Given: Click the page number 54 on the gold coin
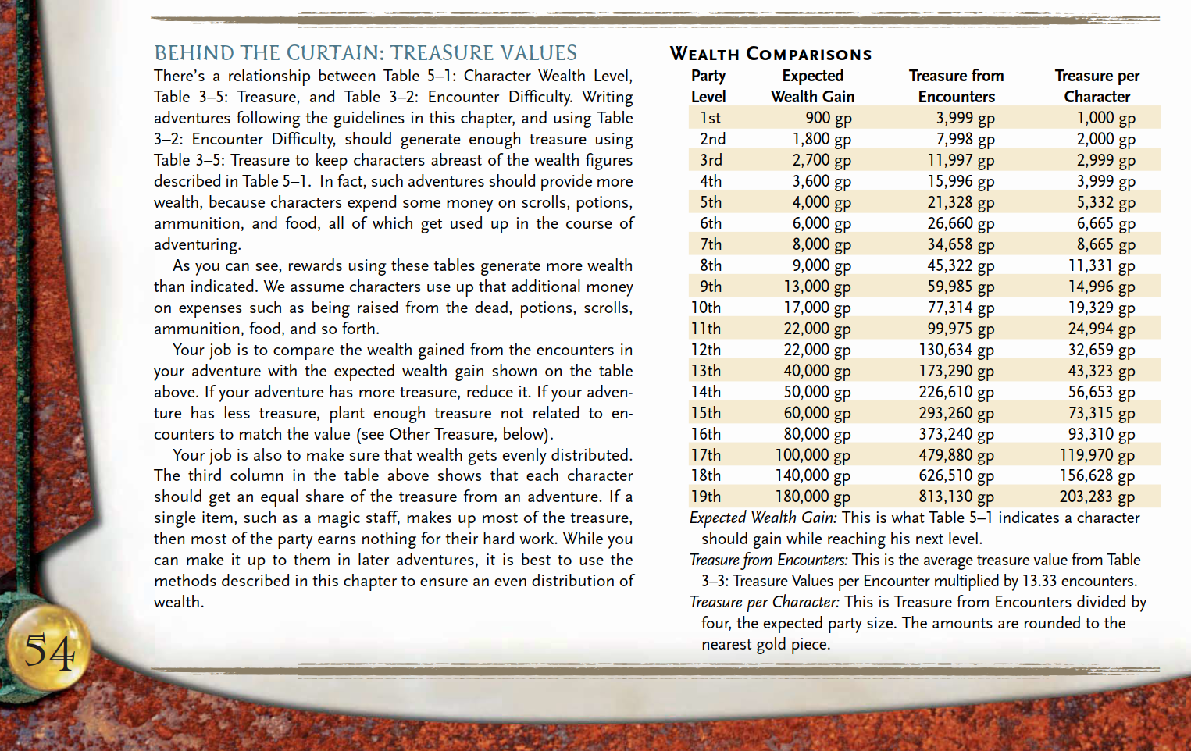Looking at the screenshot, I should [x=49, y=651].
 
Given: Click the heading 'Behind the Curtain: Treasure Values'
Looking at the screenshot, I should [x=366, y=53].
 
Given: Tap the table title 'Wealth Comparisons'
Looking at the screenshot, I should [x=770, y=54].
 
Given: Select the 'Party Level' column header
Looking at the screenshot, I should [x=708, y=86].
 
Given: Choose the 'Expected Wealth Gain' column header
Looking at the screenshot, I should [x=812, y=86].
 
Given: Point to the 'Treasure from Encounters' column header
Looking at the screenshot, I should [x=956, y=86].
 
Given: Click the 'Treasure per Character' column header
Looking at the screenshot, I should [x=1097, y=86].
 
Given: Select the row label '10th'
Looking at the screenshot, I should [x=706, y=308].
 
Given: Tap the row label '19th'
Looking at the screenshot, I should [x=706, y=497].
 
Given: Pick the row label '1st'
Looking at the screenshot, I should [x=710, y=118].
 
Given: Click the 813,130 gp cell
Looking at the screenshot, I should [x=956, y=497].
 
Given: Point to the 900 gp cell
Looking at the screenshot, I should [x=828, y=118].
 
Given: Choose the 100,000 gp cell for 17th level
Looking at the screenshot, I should [x=812, y=455].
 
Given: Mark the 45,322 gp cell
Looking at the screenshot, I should [x=960, y=265].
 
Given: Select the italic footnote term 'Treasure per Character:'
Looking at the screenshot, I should [x=764, y=602].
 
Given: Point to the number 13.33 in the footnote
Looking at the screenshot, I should [x=1039, y=581].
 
